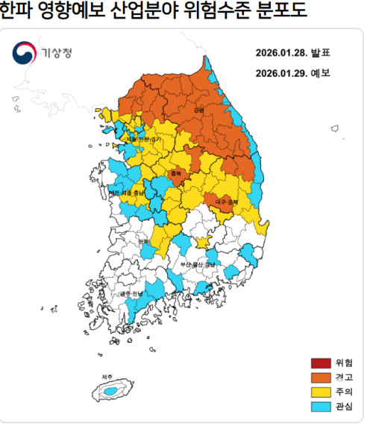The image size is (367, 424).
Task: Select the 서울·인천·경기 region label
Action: (143, 140)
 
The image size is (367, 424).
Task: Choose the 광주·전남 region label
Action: (131, 294)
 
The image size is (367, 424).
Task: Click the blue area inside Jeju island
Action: (110, 391)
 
